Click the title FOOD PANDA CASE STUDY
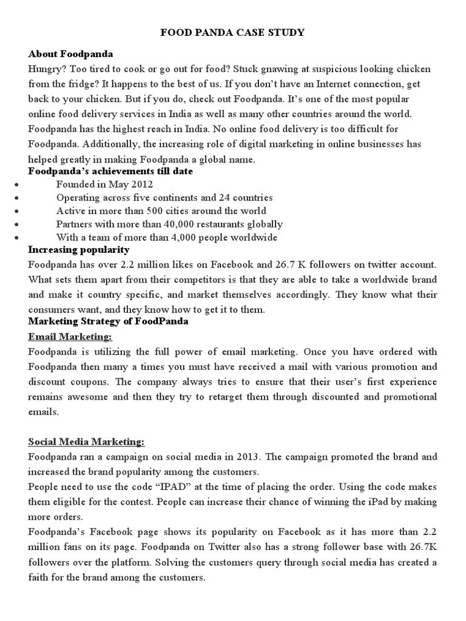click(232, 33)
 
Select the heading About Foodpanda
click(70, 55)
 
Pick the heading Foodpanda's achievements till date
click(110, 172)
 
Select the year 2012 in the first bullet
click(142, 184)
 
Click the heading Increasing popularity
click(79, 250)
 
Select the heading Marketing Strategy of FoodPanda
click(108, 321)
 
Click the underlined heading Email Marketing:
click(70, 337)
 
